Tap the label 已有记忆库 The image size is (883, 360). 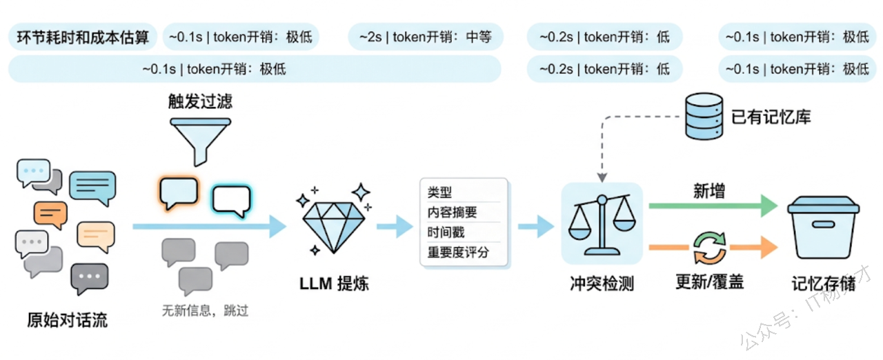771,117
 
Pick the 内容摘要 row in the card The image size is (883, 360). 453,212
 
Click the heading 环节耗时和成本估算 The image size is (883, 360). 83,37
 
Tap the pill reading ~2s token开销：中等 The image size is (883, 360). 426,37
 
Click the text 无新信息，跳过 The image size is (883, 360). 205,311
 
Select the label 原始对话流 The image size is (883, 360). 67,320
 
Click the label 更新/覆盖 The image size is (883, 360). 709,282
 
